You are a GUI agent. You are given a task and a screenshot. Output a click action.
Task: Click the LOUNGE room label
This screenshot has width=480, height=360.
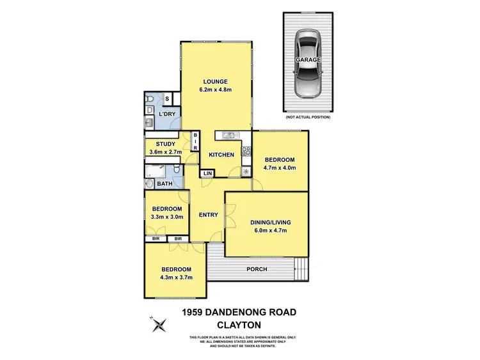tap(216, 81)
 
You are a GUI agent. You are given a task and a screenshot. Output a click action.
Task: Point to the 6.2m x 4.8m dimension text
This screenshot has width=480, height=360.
tap(216, 90)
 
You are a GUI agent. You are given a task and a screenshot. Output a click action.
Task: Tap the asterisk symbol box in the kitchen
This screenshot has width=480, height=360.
tap(246, 171)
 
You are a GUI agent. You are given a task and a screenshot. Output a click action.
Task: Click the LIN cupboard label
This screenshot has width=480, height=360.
tap(207, 173)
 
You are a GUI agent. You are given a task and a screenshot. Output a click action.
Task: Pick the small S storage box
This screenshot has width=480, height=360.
tap(167, 98)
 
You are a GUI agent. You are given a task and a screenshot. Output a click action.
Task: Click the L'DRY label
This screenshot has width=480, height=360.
tap(167, 114)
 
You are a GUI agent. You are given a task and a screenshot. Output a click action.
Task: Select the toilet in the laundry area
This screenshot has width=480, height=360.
tap(148, 99)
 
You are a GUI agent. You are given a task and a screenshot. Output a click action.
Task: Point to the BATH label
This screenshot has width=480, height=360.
tap(164, 184)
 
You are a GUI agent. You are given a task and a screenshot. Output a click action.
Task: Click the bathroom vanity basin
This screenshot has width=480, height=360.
tap(148, 184)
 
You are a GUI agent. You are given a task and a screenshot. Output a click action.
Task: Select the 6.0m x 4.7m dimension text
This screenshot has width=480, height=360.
tap(270, 231)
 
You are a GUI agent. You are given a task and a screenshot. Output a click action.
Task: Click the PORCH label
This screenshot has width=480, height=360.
tap(257, 269)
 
